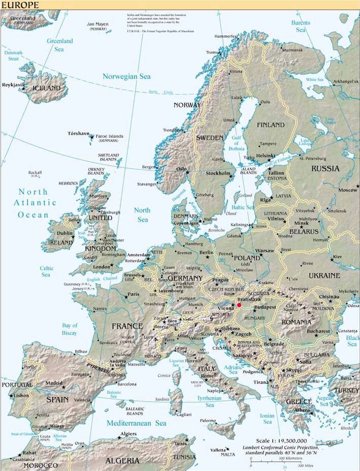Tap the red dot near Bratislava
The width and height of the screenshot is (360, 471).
click(239, 305)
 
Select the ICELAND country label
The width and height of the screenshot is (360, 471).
click(47, 88)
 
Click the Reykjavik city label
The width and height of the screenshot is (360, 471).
click(13, 84)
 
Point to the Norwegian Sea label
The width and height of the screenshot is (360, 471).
click(127, 76)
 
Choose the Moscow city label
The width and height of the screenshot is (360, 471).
click(348, 190)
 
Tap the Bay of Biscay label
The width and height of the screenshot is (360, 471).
click(69, 329)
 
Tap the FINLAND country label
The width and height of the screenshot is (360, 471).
click(270, 124)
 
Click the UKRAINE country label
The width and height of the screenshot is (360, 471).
click(324, 276)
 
